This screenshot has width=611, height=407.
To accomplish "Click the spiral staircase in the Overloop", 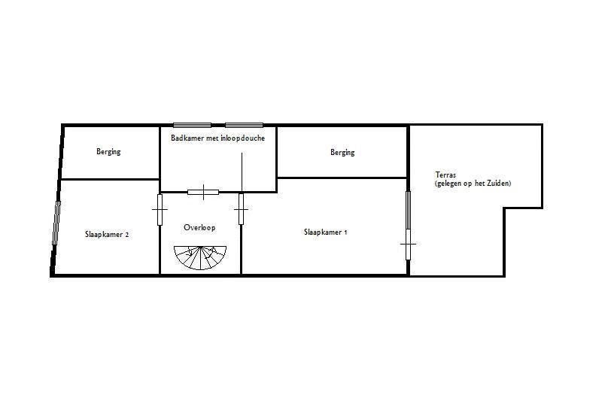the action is tap(200, 257).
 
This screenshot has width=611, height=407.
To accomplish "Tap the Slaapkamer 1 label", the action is tap(325, 232).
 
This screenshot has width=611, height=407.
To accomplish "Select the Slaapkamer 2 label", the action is tap(107, 235).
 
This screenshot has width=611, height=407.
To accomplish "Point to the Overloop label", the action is tap(199, 227).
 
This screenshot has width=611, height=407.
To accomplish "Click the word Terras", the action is tap(445, 175).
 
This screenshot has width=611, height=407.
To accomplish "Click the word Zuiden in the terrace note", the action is tap(500, 183).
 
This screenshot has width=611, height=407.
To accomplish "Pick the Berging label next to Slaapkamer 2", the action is tap(108, 151).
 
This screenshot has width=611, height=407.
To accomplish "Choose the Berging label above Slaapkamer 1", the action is tap(342, 152).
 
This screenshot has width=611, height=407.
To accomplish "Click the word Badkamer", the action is tap(184, 138).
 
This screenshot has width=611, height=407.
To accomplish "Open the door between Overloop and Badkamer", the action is tap(203, 192).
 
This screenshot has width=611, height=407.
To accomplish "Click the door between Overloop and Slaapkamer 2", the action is tap(160, 210).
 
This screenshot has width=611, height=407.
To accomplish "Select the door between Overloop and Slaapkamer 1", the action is tap(242, 209).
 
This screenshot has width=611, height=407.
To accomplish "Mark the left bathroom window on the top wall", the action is tap(192, 126).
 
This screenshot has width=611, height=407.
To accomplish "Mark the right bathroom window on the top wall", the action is tap(245, 126).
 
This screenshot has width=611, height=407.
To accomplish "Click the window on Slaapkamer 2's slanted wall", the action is tap(56, 223).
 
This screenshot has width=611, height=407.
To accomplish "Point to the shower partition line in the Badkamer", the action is tap(242, 172).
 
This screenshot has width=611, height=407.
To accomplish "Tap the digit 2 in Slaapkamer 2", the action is tap(126, 235).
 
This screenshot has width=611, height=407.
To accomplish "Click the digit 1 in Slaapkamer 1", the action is tap(345, 232).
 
